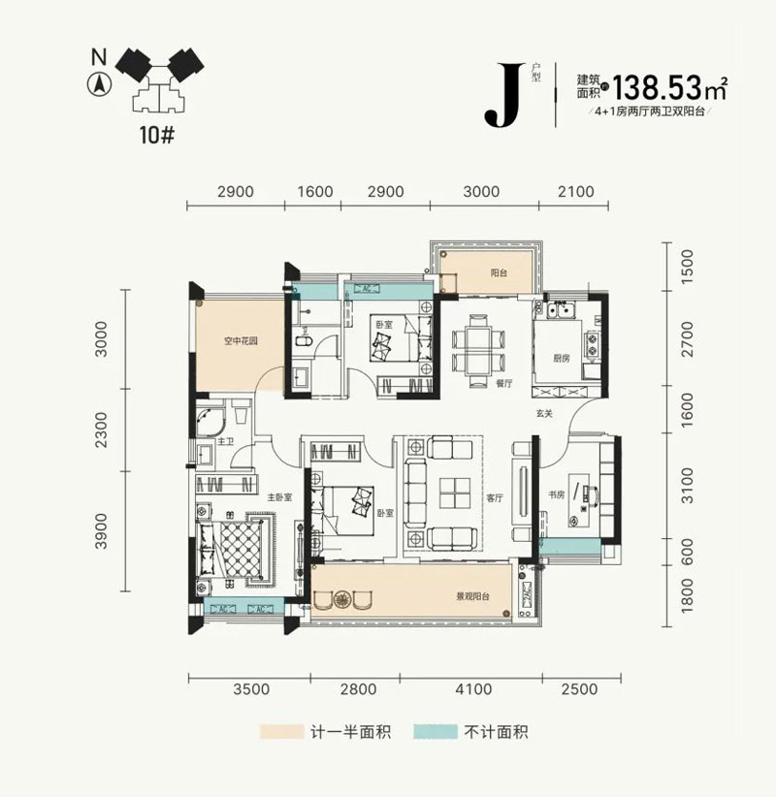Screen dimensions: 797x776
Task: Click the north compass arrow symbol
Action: [x=97, y=83]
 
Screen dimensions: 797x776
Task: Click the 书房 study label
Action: [x=557, y=494]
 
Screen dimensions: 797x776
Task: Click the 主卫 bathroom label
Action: [x=225, y=442]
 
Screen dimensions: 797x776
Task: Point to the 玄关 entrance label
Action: [x=542, y=415]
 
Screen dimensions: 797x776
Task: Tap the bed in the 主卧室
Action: [x=234, y=548]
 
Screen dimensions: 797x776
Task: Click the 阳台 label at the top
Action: [x=499, y=273]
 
